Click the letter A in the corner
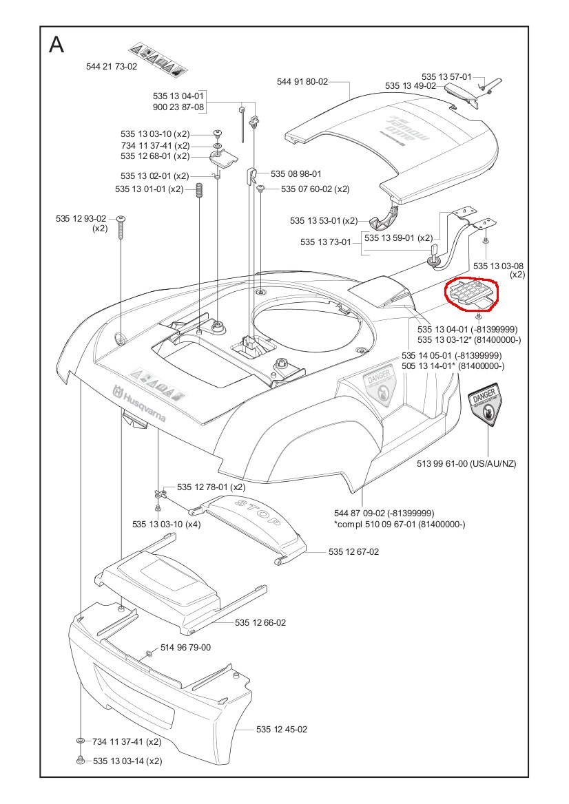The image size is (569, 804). point(56,45)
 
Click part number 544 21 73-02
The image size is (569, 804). point(112,67)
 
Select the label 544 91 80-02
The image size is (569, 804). point(302,81)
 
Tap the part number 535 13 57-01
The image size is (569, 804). point(446,76)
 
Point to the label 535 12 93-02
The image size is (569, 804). point(81,219)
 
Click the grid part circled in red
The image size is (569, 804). point(470,293)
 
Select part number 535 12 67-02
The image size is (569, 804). point(353,551)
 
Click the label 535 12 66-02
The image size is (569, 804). point(260,622)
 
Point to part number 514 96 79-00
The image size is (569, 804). point(185,647)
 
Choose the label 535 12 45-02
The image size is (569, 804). point(282,729)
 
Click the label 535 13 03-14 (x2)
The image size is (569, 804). point(127,761)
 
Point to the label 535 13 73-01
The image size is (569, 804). point(326,242)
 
